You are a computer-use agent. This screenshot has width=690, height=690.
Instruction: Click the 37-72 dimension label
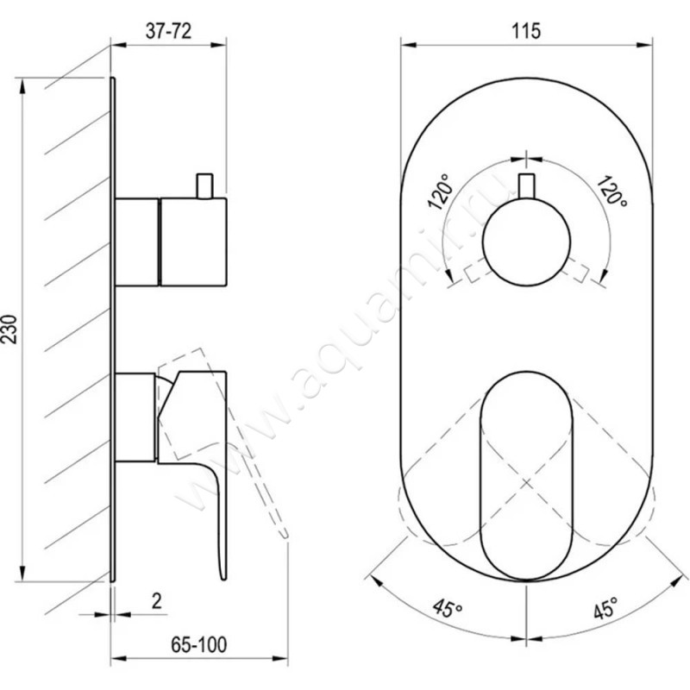point(168,31)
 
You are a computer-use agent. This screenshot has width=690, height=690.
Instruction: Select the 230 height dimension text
point(9,329)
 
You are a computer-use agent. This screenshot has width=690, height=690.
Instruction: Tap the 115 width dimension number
point(526,31)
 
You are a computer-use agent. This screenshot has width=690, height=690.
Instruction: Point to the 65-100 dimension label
point(199,644)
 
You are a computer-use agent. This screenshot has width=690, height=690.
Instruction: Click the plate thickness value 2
point(157,600)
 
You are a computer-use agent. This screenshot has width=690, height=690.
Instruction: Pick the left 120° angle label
point(440,191)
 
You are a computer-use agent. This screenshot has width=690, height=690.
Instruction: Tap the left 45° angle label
point(448,608)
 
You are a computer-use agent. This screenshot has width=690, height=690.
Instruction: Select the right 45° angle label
point(605,608)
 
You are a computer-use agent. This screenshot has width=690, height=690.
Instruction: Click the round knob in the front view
point(526,242)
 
